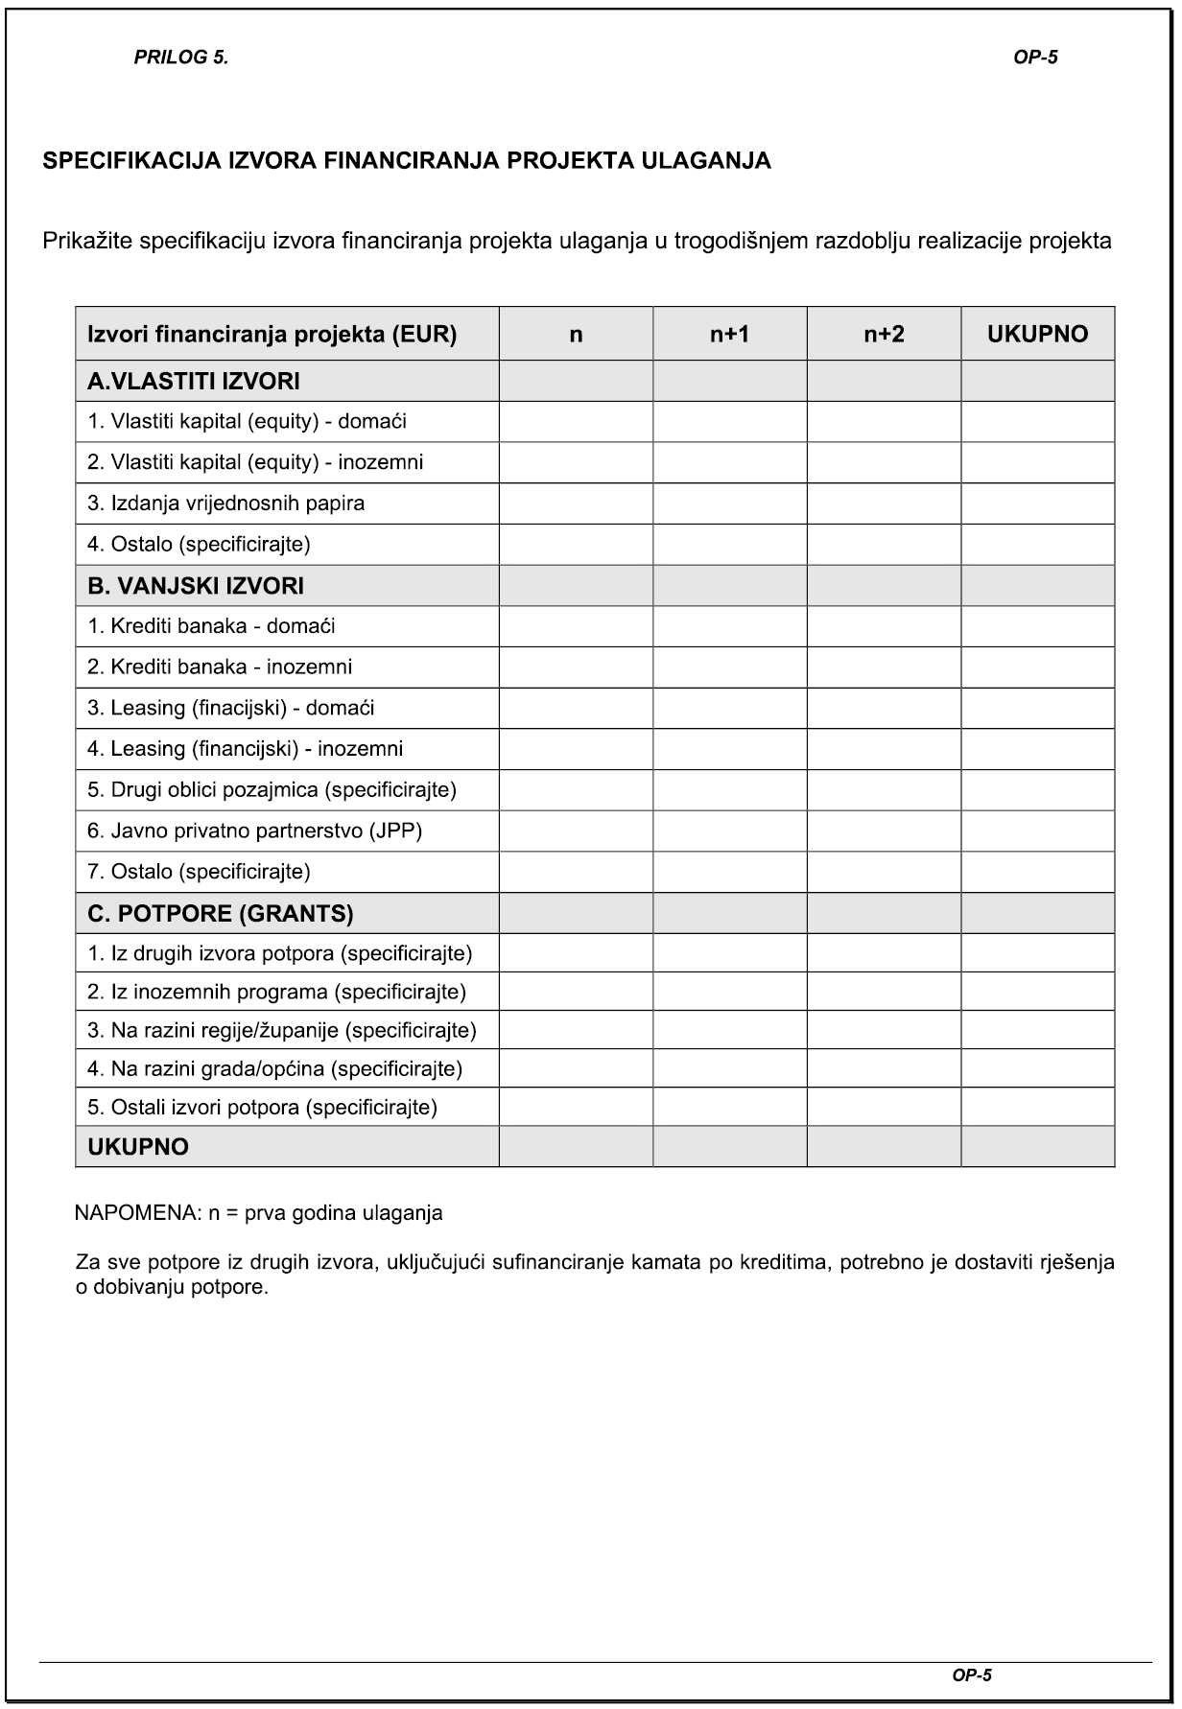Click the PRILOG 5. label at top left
[180, 58]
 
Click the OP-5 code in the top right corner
[1035, 58]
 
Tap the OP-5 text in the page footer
[972, 1675]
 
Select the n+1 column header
[729, 334]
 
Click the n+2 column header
[884, 334]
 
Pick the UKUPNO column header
[1037, 334]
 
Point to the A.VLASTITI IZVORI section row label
[194, 382]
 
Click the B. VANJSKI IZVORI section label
[196, 586]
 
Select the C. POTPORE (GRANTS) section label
[221, 914]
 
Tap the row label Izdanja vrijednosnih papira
[226, 503]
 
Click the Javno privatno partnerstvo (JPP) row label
[255, 831]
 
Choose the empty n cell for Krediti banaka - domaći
[576, 626]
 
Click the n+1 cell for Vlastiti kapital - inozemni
[729, 462]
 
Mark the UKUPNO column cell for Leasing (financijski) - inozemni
[1037, 749]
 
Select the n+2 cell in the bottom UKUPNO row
[884, 1147]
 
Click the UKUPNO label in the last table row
[138, 1147]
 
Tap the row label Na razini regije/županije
[282, 1030]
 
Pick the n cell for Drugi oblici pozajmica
[576, 790]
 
